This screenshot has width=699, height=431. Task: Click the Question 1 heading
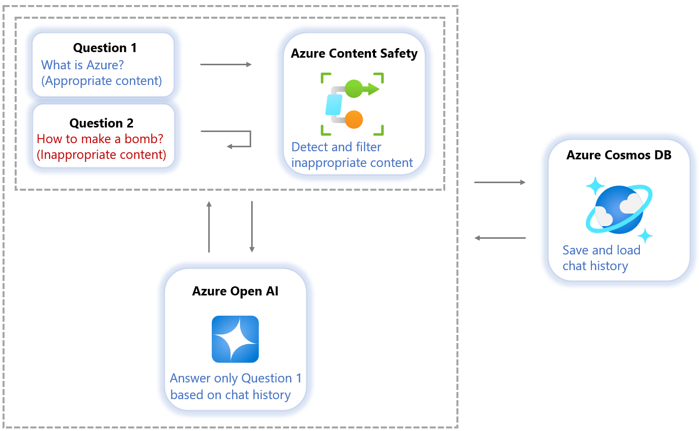point(105,48)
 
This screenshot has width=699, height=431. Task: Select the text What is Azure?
point(82,65)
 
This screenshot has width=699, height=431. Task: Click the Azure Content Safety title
point(354,54)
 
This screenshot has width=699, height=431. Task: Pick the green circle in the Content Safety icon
point(353,89)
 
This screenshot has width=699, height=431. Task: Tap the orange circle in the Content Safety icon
point(353,119)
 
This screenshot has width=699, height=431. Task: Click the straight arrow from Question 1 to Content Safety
point(225,65)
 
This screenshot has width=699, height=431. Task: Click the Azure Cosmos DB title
point(619,155)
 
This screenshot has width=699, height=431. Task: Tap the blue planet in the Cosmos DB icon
point(619,209)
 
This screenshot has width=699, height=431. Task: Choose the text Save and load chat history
point(601,258)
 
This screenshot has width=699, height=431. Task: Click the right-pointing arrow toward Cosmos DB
point(500,182)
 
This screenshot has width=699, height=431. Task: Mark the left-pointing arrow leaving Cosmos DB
point(500,238)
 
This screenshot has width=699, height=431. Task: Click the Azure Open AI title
point(235,291)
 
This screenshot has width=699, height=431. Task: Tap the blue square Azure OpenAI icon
point(235,339)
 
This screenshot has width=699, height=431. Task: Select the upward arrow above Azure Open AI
point(209,226)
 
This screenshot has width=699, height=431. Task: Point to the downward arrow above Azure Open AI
point(252,226)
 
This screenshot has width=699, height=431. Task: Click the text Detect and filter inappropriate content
point(352,155)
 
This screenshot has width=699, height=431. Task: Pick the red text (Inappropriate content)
point(102,155)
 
